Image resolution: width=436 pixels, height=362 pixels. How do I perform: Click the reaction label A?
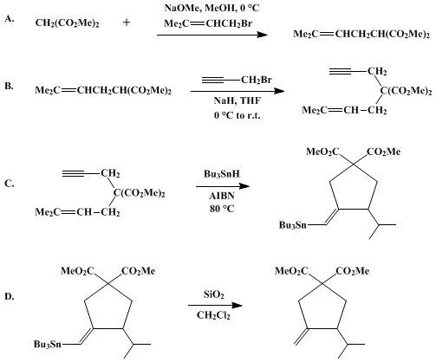click(10, 19)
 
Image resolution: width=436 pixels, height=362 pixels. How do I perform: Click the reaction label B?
click(10, 86)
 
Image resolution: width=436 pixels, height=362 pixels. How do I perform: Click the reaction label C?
click(10, 184)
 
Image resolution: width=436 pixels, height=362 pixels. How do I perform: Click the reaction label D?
click(10, 296)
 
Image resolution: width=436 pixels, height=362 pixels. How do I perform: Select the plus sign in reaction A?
click(127, 23)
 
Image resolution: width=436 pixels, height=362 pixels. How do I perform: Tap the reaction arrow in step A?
click(212, 35)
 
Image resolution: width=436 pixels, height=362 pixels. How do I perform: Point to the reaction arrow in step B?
click(238, 91)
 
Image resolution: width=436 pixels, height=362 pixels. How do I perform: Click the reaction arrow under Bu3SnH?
click(223, 186)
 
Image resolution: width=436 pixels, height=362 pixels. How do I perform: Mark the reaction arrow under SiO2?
click(215, 305)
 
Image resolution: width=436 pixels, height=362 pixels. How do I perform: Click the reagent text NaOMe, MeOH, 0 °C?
click(211, 8)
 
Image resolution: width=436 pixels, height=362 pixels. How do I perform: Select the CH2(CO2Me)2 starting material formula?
click(67, 23)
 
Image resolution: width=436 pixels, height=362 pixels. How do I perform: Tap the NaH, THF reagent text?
click(238, 100)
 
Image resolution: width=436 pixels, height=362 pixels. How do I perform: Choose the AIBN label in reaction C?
click(222, 196)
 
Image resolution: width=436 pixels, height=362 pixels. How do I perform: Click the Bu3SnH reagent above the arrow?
click(222, 174)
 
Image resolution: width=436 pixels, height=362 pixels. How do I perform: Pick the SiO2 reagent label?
click(213, 294)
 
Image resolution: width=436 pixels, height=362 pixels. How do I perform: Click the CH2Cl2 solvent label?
click(213, 315)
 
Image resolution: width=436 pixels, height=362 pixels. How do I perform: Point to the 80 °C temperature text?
click(222, 209)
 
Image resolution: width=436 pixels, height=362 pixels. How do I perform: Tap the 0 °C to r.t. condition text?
click(238, 115)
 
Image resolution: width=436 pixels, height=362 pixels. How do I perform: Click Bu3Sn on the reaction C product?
click(292, 225)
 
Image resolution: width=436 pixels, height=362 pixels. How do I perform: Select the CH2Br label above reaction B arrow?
click(257, 80)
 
